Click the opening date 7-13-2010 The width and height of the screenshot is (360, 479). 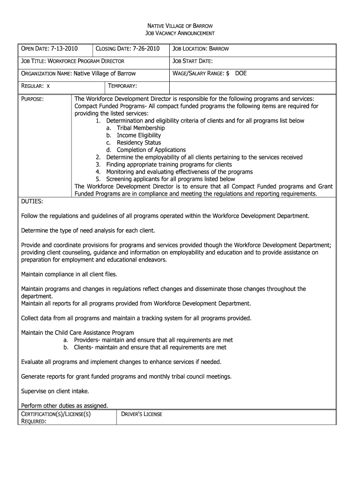(x=65, y=49)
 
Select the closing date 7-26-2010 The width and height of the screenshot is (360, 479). (x=146, y=49)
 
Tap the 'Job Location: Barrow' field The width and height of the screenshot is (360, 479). (x=201, y=49)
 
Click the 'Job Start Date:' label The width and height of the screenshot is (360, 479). (x=193, y=61)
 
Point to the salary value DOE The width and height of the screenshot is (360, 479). (x=241, y=73)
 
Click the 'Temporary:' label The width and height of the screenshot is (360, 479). (x=122, y=86)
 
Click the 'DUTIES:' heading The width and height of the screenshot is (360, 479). (x=32, y=201)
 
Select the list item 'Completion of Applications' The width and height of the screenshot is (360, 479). (x=151, y=150)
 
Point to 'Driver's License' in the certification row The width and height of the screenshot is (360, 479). (x=142, y=414)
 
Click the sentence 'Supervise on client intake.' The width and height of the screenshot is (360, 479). (x=55, y=391)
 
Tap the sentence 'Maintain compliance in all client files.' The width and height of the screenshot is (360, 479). (x=69, y=274)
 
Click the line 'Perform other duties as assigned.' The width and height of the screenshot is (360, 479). (x=65, y=406)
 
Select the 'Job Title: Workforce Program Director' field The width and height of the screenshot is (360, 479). (x=73, y=61)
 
